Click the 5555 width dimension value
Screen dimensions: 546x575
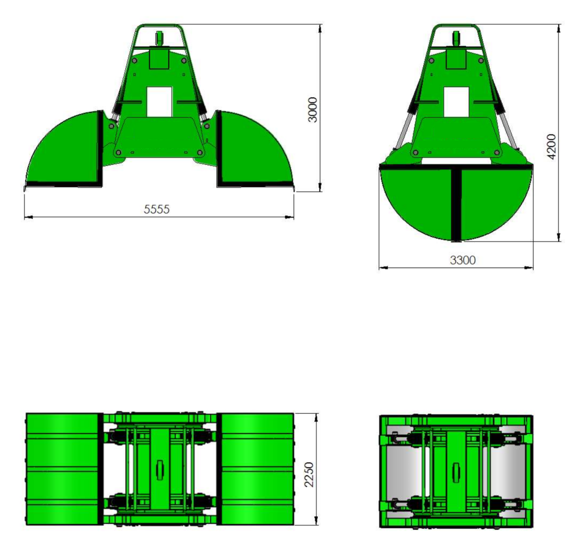157,209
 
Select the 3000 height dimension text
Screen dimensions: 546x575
312,110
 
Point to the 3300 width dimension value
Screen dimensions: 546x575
462,260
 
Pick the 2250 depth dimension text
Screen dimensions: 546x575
309,474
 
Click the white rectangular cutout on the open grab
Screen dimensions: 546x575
159,102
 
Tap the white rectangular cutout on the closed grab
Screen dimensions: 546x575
456,102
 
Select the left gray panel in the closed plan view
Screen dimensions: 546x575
405,471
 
